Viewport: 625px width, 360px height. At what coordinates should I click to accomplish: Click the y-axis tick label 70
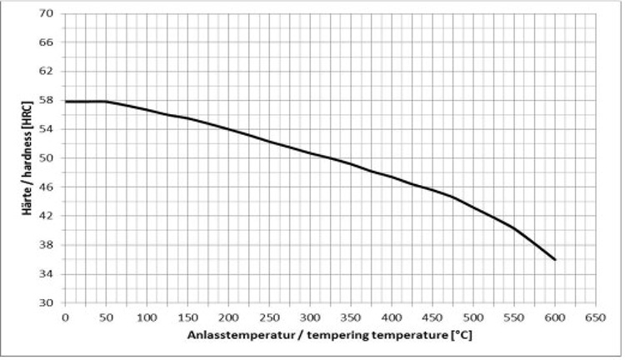point(47,13)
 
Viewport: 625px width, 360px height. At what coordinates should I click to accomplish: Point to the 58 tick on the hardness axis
point(47,100)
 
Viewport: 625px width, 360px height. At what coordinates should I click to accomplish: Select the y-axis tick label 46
point(47,187)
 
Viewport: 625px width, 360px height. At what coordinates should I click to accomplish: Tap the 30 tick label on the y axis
point(47,302)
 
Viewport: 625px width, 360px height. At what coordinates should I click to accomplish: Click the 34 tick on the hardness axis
point(47,274)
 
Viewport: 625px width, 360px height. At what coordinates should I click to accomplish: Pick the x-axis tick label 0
point(65,317)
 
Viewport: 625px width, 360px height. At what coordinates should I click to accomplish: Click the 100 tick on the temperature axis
point(147,317)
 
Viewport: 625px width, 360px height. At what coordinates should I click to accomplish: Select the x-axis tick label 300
point(309,317)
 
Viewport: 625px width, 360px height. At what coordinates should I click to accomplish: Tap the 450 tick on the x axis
point(432,317)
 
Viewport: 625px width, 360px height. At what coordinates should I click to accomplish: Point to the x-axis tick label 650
point(595,317)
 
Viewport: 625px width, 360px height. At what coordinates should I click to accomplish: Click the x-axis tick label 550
point(513,317)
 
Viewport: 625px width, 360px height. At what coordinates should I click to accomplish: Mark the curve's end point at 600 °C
point(554,259)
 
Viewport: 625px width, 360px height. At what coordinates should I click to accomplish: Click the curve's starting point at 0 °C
point(65,102)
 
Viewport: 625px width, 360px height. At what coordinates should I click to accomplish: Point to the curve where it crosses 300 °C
point(309,152)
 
